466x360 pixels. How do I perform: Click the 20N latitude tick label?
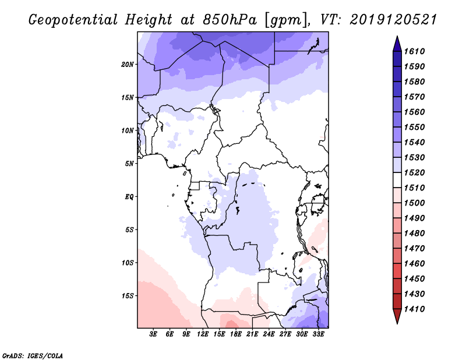(128, 64)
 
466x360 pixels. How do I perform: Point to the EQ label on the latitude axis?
(129, 197)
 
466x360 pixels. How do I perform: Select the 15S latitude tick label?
(128, 296)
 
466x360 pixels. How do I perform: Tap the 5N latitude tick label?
(129, 164)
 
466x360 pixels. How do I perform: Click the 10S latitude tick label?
(128, 263)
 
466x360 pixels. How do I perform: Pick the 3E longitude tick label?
(154, 335)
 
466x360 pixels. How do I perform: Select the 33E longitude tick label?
(318, 335)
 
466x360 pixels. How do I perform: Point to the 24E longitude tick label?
(269, 335)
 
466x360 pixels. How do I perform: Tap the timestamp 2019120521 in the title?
(393, 20)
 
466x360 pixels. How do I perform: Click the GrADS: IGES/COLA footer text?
(24, 354)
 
